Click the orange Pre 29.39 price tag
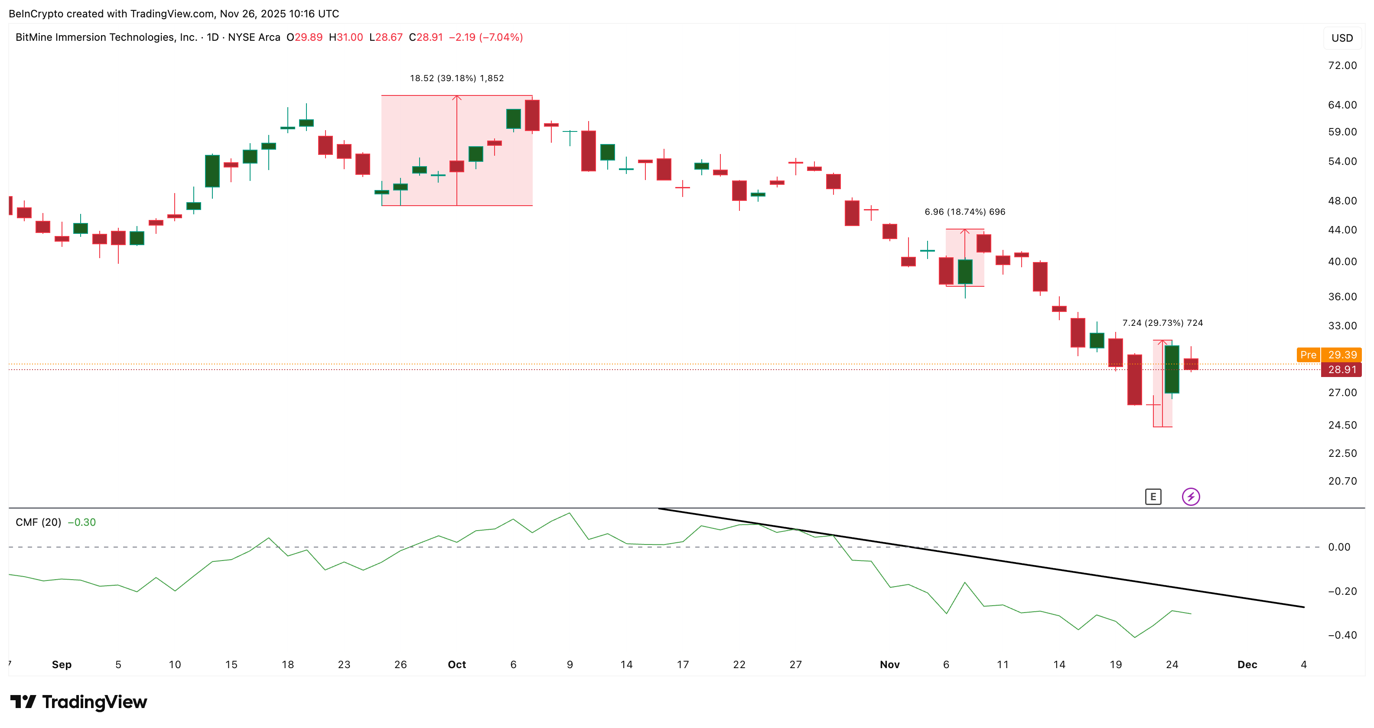pyautogui.click(x=1328, y=355)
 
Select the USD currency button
pyautogui.click(x=1342, y=38)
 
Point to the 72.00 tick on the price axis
pyautogui.click(x=1342, y=66)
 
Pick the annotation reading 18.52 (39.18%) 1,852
pyautogui.click(x=456, y=79)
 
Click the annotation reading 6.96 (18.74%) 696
pyautogui.click(x=964, y=212)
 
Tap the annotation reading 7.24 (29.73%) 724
pyautogui.click(x=1162, y=323)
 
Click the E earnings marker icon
pyautogui.click(x=1153, y=497)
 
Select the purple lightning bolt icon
pyautogui.click(x=1191, y=497)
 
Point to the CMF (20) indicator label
pyautogui.click(x=39, y=522)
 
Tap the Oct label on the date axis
pyautogui.click(x=456, y=665)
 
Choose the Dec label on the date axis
pyautogui.click(x=1247, y=665)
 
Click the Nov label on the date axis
pyautogui.click(x=889, y=665)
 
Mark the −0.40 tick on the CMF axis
pyautogui.click(x=1342, y=635)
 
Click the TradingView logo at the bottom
pyautogui.click(x=79, y=702)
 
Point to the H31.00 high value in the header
pyautogui.click(x=345, y=37)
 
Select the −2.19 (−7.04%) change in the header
pyautogui.click(x=485, y=37)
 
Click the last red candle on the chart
pyautogui.click(x=1191, y=364)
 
